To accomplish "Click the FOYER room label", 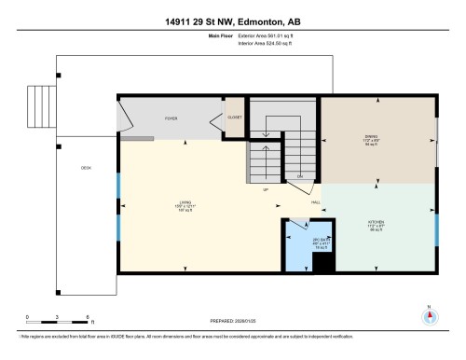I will click(x=171, y=118).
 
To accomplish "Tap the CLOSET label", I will click(x=236, y=118).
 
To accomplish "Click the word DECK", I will click(x=86, y=169).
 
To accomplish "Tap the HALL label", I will click(x=316, y=201).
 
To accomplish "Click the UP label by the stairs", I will click(x=266, y=190).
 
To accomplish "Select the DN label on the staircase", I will click(x=300, y=175).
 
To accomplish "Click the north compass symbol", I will click(x=429, y=314).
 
